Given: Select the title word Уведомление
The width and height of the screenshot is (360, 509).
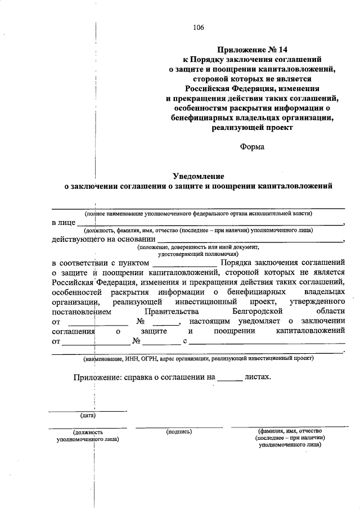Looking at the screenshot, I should tap(197, 175).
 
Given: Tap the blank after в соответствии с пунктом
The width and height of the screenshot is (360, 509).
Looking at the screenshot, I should tap(184, 263).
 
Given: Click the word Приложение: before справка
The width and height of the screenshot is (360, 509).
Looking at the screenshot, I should tap(96, 378).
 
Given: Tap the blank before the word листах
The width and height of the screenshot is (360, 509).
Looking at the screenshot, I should tap(229, 378).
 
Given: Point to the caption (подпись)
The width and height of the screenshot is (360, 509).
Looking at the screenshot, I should tap(179, 431).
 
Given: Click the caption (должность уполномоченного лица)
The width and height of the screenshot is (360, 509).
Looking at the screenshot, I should tap(87, 436).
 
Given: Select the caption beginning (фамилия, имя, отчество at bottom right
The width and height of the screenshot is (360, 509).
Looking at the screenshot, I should tap(290, 436).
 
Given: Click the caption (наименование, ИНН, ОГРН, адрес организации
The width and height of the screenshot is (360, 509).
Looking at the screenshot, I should tap(198, 358).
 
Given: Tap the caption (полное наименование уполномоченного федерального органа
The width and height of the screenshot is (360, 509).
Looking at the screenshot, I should tap(198, 214).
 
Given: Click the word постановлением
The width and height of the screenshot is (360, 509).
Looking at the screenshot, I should tap(82, 310).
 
